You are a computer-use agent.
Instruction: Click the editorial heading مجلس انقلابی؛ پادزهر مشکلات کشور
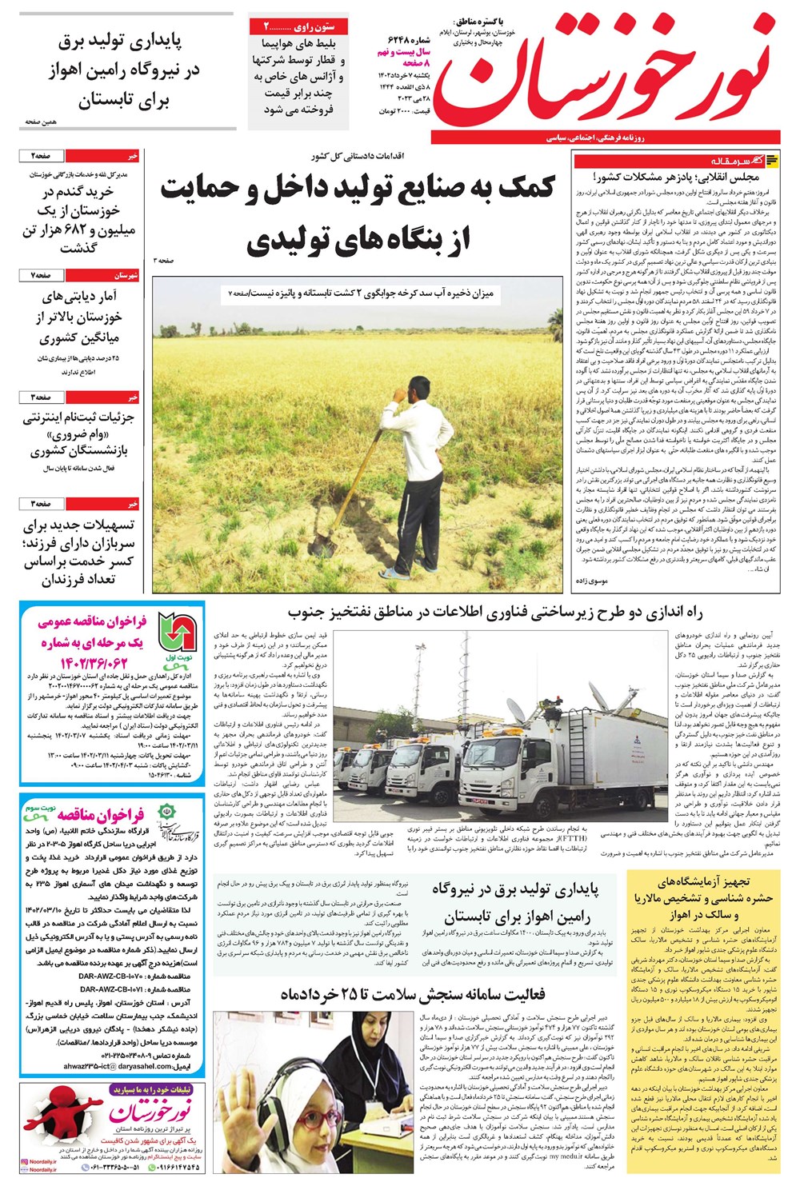pyautogui.click(x=670, y=177)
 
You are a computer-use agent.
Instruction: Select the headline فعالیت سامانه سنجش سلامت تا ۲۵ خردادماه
pyautogui.click(x=412, y=994)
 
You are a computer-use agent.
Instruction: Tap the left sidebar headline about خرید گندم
pyautogui.click(x=80, y=220)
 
